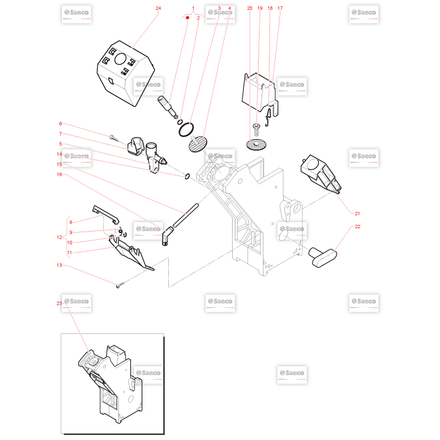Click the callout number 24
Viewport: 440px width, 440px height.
[x=158, y=8]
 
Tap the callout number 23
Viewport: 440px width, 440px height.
[x=59, y=304]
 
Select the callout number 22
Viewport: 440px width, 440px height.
[x=358, y=227]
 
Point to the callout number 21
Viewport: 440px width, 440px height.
[x=357, y=213]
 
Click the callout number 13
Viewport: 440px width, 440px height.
[x=59, y=265]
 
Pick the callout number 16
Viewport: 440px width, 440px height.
[x=59, y=174]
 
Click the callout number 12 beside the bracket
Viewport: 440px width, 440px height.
[x=59, y=237]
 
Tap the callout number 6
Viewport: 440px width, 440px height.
[x=61, y=123]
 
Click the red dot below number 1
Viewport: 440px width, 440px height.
[x=188, y=18]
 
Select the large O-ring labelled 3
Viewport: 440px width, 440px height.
[x=186, y=130]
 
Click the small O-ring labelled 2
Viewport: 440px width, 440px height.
[x=180, y=122]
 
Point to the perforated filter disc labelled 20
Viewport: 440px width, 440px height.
[x=256, y=145]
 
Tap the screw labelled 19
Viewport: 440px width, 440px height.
[x=256, y=130]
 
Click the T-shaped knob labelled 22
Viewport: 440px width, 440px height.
[x=323, y=257]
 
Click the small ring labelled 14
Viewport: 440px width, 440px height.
[x=187, y=177]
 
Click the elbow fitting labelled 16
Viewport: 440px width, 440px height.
[x=168, y=236]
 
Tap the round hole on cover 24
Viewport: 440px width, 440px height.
[x=120, y=59]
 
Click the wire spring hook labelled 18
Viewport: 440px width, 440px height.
[x=268, y=117]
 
